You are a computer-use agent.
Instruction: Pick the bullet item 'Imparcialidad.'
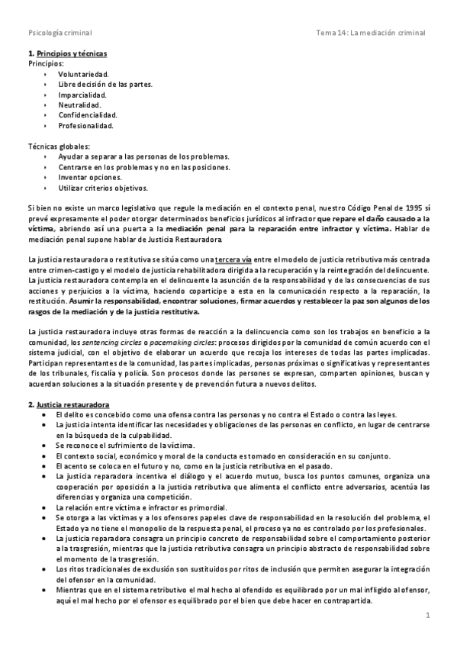(x=83, y=95)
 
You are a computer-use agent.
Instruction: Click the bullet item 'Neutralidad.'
(x=79, y=105)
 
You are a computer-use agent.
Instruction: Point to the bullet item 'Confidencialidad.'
(x=88, y=115)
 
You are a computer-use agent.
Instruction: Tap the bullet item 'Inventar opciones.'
(x=89, y=176)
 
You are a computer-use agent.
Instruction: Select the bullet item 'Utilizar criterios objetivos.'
(x=103, y=187)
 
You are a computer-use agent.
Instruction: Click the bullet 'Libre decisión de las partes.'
(x=105, y=84)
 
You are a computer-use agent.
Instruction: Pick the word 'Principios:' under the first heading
(x=45, y=63)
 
